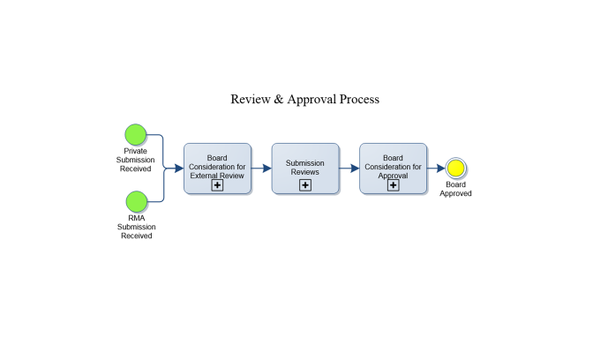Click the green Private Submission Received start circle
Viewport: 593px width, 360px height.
[135, 134]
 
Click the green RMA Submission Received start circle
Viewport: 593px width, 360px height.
[135, 201]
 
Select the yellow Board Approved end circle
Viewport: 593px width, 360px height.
[455, 168]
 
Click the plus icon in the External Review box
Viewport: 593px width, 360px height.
[216, 185]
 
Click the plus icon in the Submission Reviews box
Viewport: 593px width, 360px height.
[304, 185]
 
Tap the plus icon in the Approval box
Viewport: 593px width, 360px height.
[393, 185]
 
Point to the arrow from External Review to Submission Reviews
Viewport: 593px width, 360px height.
[261, 168]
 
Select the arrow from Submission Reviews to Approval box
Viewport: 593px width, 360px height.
[349, 168]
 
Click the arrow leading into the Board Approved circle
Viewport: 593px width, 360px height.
[436, 168]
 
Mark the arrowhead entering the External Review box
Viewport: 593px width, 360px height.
[179, 168]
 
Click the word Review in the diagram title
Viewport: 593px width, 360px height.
[250, 100]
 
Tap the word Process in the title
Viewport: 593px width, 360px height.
[361, 100]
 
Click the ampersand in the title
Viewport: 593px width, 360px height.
[279, 100]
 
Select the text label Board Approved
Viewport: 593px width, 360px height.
[455, 189]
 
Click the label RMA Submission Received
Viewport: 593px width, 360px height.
[135, 227]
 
